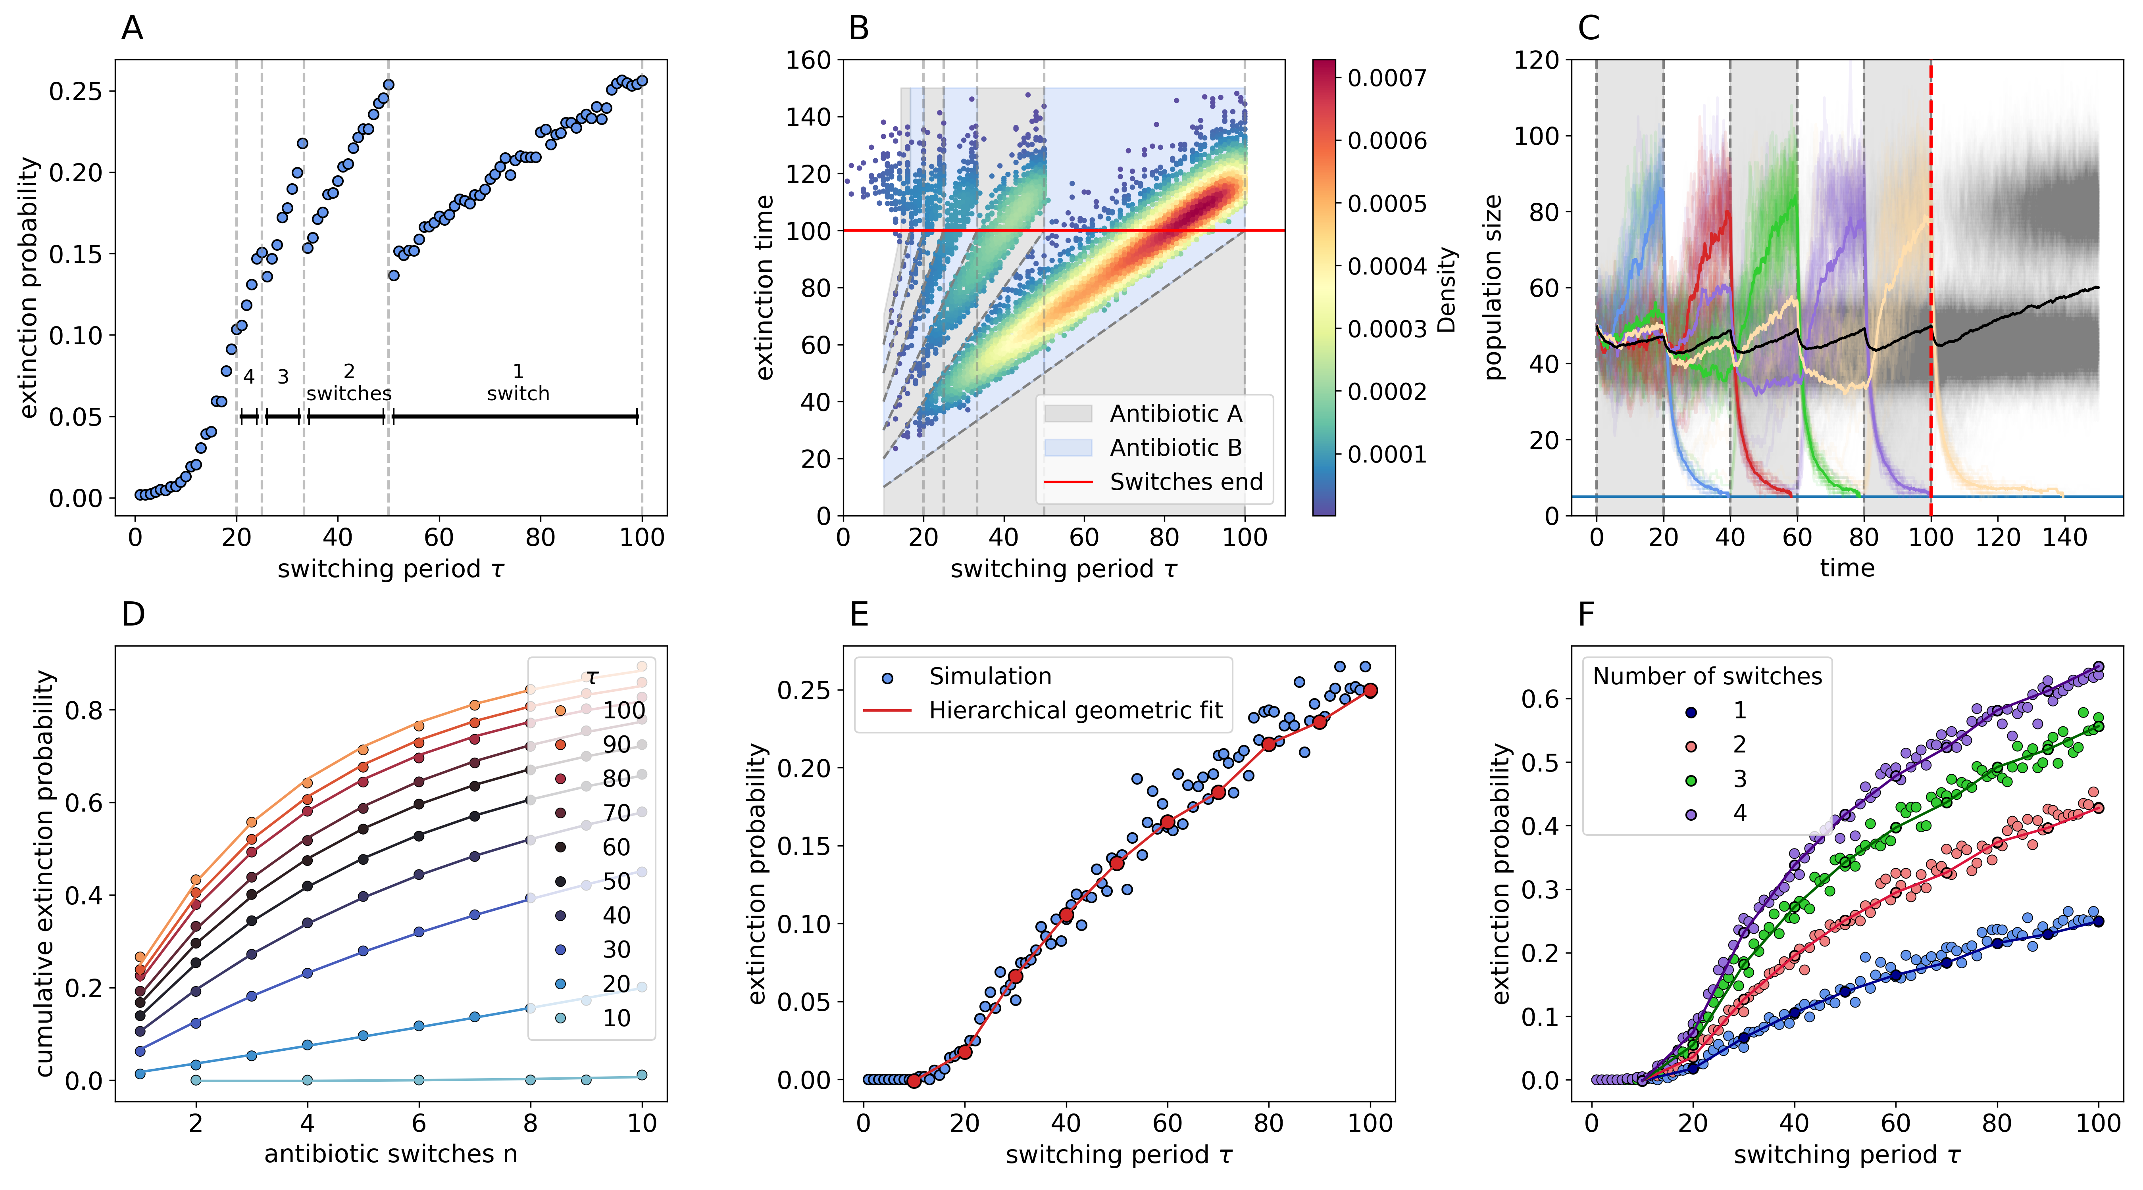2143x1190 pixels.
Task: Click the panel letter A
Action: click(x=132, y=28)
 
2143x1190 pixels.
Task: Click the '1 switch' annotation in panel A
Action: click(x=517, y=382)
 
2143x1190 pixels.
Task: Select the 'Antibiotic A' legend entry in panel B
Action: click(x=1175, y=413)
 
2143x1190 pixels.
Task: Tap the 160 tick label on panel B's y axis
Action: click(x=809, y=60)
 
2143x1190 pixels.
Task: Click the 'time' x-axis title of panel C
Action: click(x=1847, y=568)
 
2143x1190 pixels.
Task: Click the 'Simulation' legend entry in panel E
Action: click(x=990, y=676)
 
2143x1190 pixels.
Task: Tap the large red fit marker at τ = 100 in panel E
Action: click(x=1370, y=690)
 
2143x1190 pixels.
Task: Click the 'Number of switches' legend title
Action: click(x=1707, y=676)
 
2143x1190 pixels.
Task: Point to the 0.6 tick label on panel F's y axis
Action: click(x=1540, y=699)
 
